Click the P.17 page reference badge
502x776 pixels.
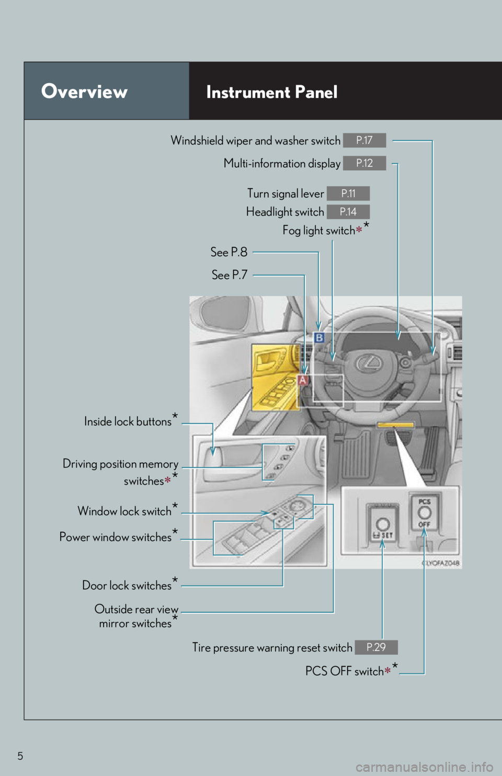tap(364, 140)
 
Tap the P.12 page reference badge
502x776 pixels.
tap(364, 163)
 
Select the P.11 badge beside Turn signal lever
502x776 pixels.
tap(348, 193)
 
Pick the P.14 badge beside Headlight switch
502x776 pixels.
tap(348, 212)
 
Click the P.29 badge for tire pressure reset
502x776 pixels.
tap(376, 647)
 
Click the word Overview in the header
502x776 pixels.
tap(84, 92)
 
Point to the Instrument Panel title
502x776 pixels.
tap(272, 92)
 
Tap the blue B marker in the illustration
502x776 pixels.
tap(319, 338)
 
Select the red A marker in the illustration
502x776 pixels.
tap(303, 380)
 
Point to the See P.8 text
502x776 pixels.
tap(229, 252)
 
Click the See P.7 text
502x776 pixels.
tap(230, 275)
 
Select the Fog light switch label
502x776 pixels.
tap(319, 231)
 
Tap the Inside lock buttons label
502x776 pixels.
tap(128, 421)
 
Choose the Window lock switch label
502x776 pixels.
tap(124, 511)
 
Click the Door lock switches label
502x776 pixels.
tap(127, 586)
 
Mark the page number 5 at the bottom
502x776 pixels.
tap(20, 756)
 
